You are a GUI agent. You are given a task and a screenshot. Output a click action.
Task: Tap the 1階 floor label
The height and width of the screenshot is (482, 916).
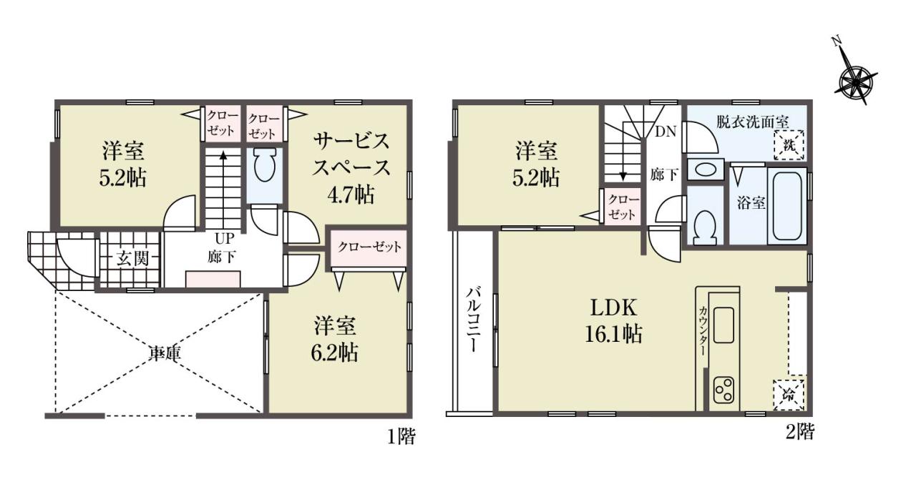[401, 438]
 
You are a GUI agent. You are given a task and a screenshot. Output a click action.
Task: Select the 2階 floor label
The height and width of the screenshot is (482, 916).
[800, 432]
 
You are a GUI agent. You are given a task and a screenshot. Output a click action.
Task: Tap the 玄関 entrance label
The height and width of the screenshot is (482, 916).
[132, 259]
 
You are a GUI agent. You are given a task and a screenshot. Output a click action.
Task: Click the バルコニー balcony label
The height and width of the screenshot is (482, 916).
[474, 320]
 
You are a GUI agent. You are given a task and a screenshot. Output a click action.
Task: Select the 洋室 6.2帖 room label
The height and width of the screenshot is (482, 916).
[336, 339]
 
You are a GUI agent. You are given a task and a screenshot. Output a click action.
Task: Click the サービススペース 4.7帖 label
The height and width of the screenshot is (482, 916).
[351, 168]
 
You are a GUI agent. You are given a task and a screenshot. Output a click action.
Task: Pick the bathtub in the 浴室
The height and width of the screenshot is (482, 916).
[786, 206]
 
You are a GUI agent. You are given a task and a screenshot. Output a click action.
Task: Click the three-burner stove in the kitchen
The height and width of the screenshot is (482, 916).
[723, 390]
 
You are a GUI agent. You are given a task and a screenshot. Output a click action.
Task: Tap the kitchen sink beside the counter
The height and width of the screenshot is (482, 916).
[723, 325]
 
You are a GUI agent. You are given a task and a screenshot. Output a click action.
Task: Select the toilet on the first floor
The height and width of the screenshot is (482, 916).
[264, 165]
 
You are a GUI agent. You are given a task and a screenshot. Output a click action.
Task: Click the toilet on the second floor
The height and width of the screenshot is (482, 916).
[706, 227]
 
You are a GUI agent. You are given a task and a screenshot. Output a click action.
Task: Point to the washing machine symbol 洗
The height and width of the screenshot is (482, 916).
[789, 145]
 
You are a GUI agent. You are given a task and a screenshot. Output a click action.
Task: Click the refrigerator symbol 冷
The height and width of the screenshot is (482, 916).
[789, 395]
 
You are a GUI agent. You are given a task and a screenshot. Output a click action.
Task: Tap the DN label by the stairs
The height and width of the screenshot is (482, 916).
[666, 132]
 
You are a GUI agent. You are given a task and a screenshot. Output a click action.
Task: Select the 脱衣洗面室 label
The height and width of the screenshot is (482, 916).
[752, 122]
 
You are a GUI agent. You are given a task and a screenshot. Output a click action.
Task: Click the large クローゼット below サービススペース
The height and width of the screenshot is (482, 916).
[369, 247]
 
